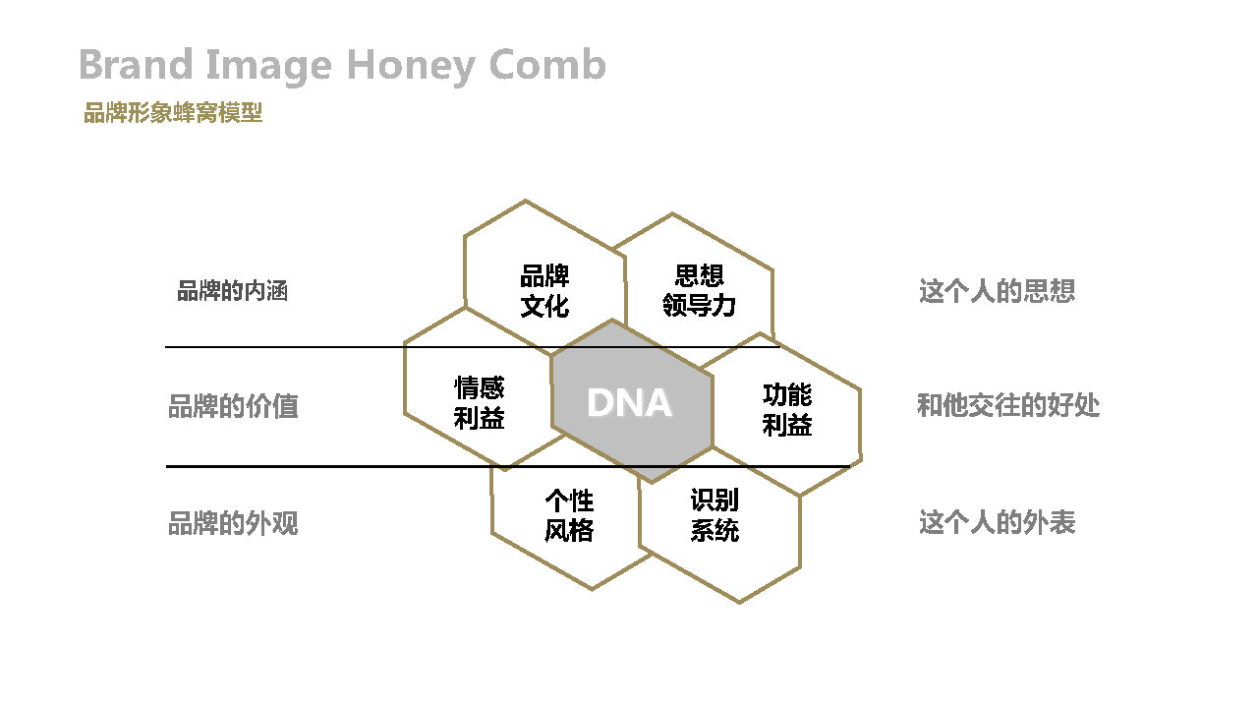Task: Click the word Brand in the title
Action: pos(137,64)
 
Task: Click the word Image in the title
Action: pos(269,66)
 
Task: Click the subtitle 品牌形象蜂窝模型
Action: pos(173,112)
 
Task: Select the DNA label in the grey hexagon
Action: pos(629,402)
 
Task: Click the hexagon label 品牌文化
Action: pos(544,291)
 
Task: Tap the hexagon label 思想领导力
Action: pos(699,290)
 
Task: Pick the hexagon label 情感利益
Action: pos(479,403)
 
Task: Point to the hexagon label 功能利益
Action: pos(787,410)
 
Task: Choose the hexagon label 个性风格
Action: pos(569,515)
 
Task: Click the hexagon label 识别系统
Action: pos(715,515)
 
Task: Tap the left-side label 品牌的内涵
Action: pos(233,291)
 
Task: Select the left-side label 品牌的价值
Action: pos(233,406)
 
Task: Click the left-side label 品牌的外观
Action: pos(233,522)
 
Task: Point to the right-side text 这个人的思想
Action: pos(997,291)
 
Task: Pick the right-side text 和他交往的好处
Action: pos(1008,405)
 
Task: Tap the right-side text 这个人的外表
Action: pos(997,522)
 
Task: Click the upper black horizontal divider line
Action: pos(473,347)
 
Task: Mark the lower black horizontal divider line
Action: pos(508,466)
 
